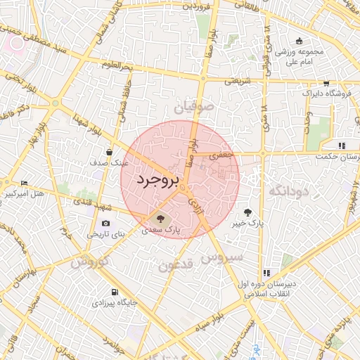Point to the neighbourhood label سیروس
click(x=222, y=257)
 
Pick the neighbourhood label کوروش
click(x=89, y=262)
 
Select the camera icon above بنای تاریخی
click(x=106, y=224)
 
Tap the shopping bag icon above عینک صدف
click(x=110, y=151)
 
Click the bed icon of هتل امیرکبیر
click(x=25, y=183)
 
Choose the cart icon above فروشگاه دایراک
click(x=326, y=83)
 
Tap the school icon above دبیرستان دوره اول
click(x=266, y=273)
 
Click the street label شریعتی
click(x=238, y=81)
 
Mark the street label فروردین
click(x=196, y=6)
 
